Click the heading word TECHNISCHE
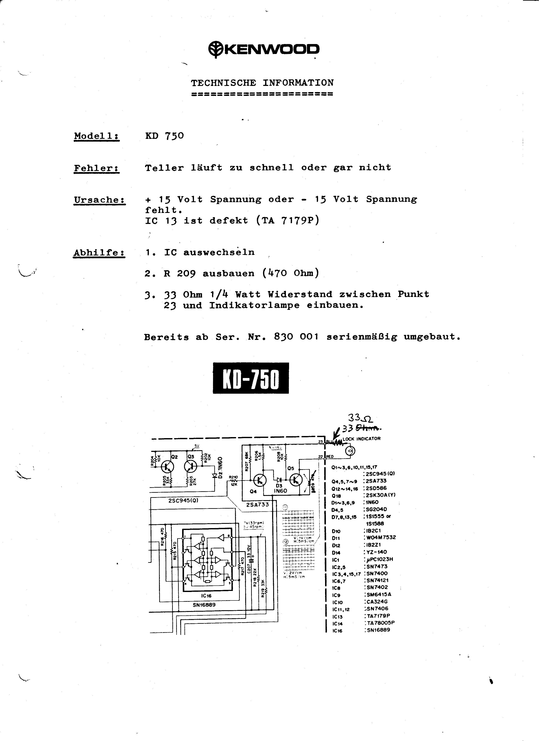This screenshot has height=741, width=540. point(223,83)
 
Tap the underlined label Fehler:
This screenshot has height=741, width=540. point(96,168)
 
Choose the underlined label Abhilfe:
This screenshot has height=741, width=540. point(99,253)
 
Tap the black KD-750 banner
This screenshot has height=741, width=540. point(251,378)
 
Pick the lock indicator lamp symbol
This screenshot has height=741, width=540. point(351,451)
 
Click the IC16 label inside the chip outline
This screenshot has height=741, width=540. point(206,596)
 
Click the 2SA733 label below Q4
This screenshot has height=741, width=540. point(258,504)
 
